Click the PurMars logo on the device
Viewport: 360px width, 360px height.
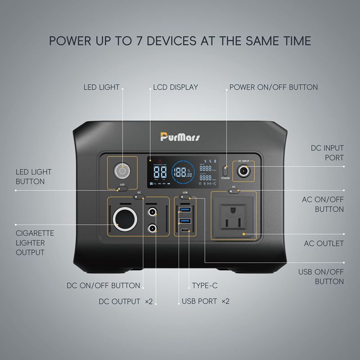(x=180, y=137)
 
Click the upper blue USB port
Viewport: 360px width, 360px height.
(x=186, y=210)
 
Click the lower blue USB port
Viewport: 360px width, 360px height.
(x=186, y=220)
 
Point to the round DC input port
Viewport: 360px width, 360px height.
(x=243, y=171)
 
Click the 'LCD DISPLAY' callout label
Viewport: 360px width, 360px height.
(x=175, y=87)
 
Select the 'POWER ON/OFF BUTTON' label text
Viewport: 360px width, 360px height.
(x=274, y=87)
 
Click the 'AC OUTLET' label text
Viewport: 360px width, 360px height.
(x=324, y=243)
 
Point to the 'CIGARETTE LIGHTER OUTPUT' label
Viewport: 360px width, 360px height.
(x=35, y=243)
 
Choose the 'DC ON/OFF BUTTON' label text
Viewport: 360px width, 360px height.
(x=103, y=285)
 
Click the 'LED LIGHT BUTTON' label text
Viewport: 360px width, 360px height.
(x=34, y=176)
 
